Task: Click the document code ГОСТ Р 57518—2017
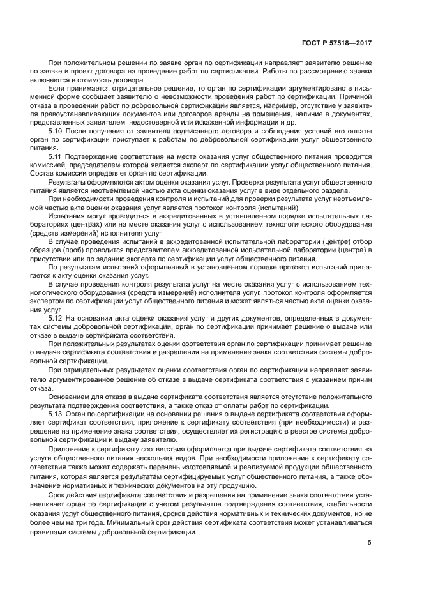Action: click(x=336, y=43)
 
